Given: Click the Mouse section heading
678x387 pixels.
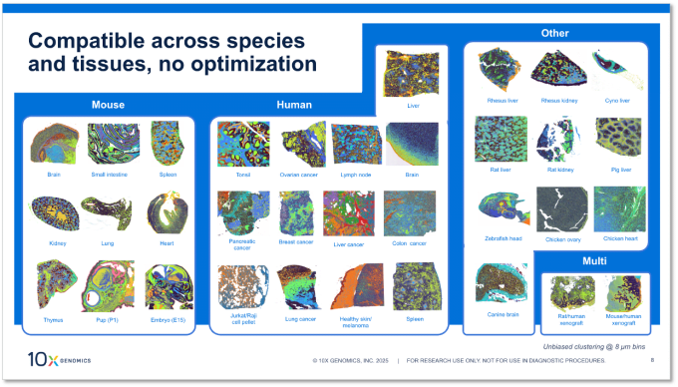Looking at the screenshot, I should (107, 105).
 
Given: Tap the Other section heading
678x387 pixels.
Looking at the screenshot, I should (554, 33).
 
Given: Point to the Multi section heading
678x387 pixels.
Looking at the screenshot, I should (595, 260).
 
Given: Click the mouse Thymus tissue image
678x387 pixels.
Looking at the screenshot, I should (54, 281).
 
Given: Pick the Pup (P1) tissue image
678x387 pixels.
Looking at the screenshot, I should (108, 286).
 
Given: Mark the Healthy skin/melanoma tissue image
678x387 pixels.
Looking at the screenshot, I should (355, 287).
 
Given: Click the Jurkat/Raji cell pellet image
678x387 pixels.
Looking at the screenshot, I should (242, 286).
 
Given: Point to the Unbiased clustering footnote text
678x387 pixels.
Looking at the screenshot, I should (587, 345).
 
